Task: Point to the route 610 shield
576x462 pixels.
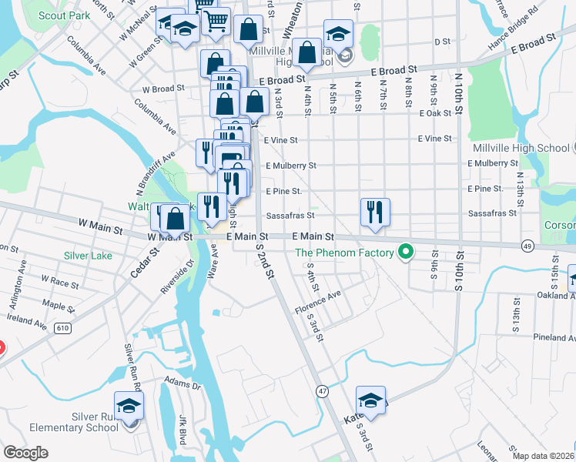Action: [x=62, y=329]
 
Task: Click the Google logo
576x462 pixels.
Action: [x=25, y=453]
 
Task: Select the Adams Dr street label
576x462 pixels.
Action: [x=182, y=380]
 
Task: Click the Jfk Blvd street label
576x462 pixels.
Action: [x=183, y=426]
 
